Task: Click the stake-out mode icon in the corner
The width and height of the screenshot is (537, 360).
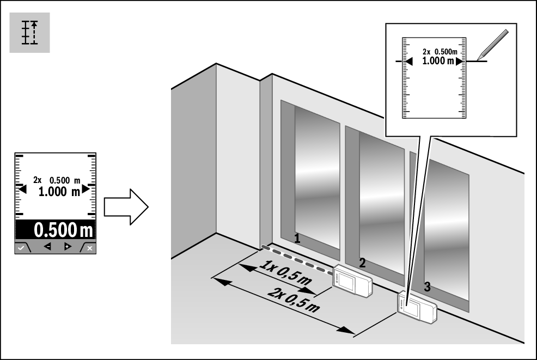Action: tap(30, 32)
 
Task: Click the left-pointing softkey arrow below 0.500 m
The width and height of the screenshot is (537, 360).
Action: tap(47, 247)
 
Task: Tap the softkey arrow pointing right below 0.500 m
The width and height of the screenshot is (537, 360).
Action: tap(68, 247)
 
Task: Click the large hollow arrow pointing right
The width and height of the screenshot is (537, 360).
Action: tap(126, 207)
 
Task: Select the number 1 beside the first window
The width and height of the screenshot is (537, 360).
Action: tap(297, 237)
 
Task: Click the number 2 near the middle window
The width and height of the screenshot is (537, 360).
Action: tap(362, 262)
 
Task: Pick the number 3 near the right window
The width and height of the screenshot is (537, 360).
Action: tap(427, 287)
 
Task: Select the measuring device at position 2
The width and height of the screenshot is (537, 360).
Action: tap(352, 281)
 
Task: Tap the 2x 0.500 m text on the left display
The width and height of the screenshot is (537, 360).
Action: tap(57, 180)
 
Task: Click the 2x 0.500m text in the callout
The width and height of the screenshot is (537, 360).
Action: tap(441, 52)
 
